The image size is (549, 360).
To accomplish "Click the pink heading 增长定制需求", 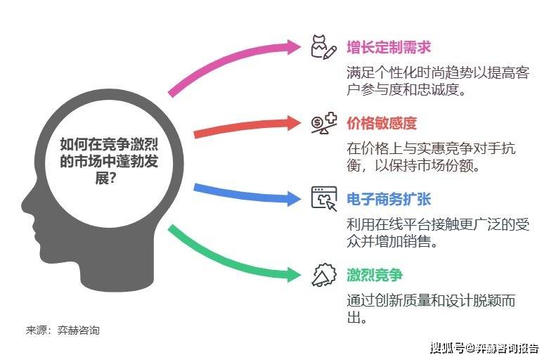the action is tap(389, 47).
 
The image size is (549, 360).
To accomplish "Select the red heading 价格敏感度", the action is tap(382, 123).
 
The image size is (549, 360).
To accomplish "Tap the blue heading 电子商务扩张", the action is tap(389, 199).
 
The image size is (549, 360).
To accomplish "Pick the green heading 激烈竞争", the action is tap(375, 275).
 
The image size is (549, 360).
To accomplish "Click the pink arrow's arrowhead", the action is tap(293, 47).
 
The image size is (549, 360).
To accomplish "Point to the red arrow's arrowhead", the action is tap(293, 123).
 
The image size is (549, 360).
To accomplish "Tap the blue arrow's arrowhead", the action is tap(293, 198).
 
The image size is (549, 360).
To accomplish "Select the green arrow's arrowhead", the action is tap(293, 274).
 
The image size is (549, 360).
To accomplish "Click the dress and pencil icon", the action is tap(324, 47).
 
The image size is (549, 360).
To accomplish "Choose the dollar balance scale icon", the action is tap(324, 123).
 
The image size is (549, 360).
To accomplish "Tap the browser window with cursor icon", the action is tap(324, 198).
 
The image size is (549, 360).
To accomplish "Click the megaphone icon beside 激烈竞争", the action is tap(324, 275).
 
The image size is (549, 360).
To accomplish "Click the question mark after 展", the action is tap(112, 179).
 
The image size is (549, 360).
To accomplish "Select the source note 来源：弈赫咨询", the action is tap(63, 330).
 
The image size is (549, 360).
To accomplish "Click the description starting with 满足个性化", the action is tap(438, 82).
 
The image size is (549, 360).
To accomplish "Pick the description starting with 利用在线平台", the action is tap(438, 233).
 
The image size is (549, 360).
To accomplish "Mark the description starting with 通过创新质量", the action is tap(431, 309).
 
